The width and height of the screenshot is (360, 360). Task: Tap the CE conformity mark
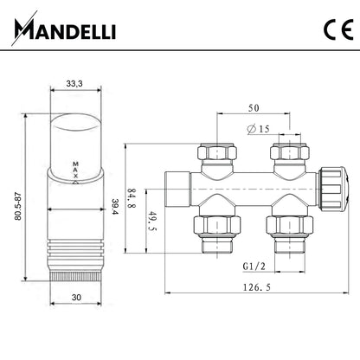click(x=338, y=29)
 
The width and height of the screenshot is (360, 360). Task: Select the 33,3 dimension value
click(x=74, y=84)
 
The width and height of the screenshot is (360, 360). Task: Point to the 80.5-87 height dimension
click(x=18, y=206)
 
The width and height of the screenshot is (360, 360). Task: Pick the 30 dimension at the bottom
click(x=76, y=297)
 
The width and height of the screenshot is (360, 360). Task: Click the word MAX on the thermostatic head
click(x=75, y=170)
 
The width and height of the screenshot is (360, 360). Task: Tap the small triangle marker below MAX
click(x=75, y=182)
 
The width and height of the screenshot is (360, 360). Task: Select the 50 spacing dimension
click(x=254, y=108)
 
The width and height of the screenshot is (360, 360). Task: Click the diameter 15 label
click(x=258, y=129)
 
